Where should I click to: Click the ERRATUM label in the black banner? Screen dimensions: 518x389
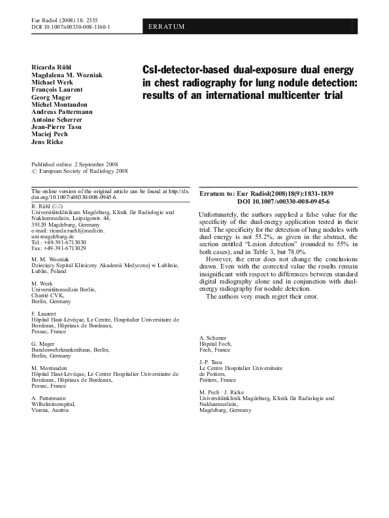(x=167, y=26)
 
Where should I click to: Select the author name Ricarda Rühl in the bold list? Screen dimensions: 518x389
(x=51, y=68)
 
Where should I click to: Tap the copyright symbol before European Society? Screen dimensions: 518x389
(x=35, y=171)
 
